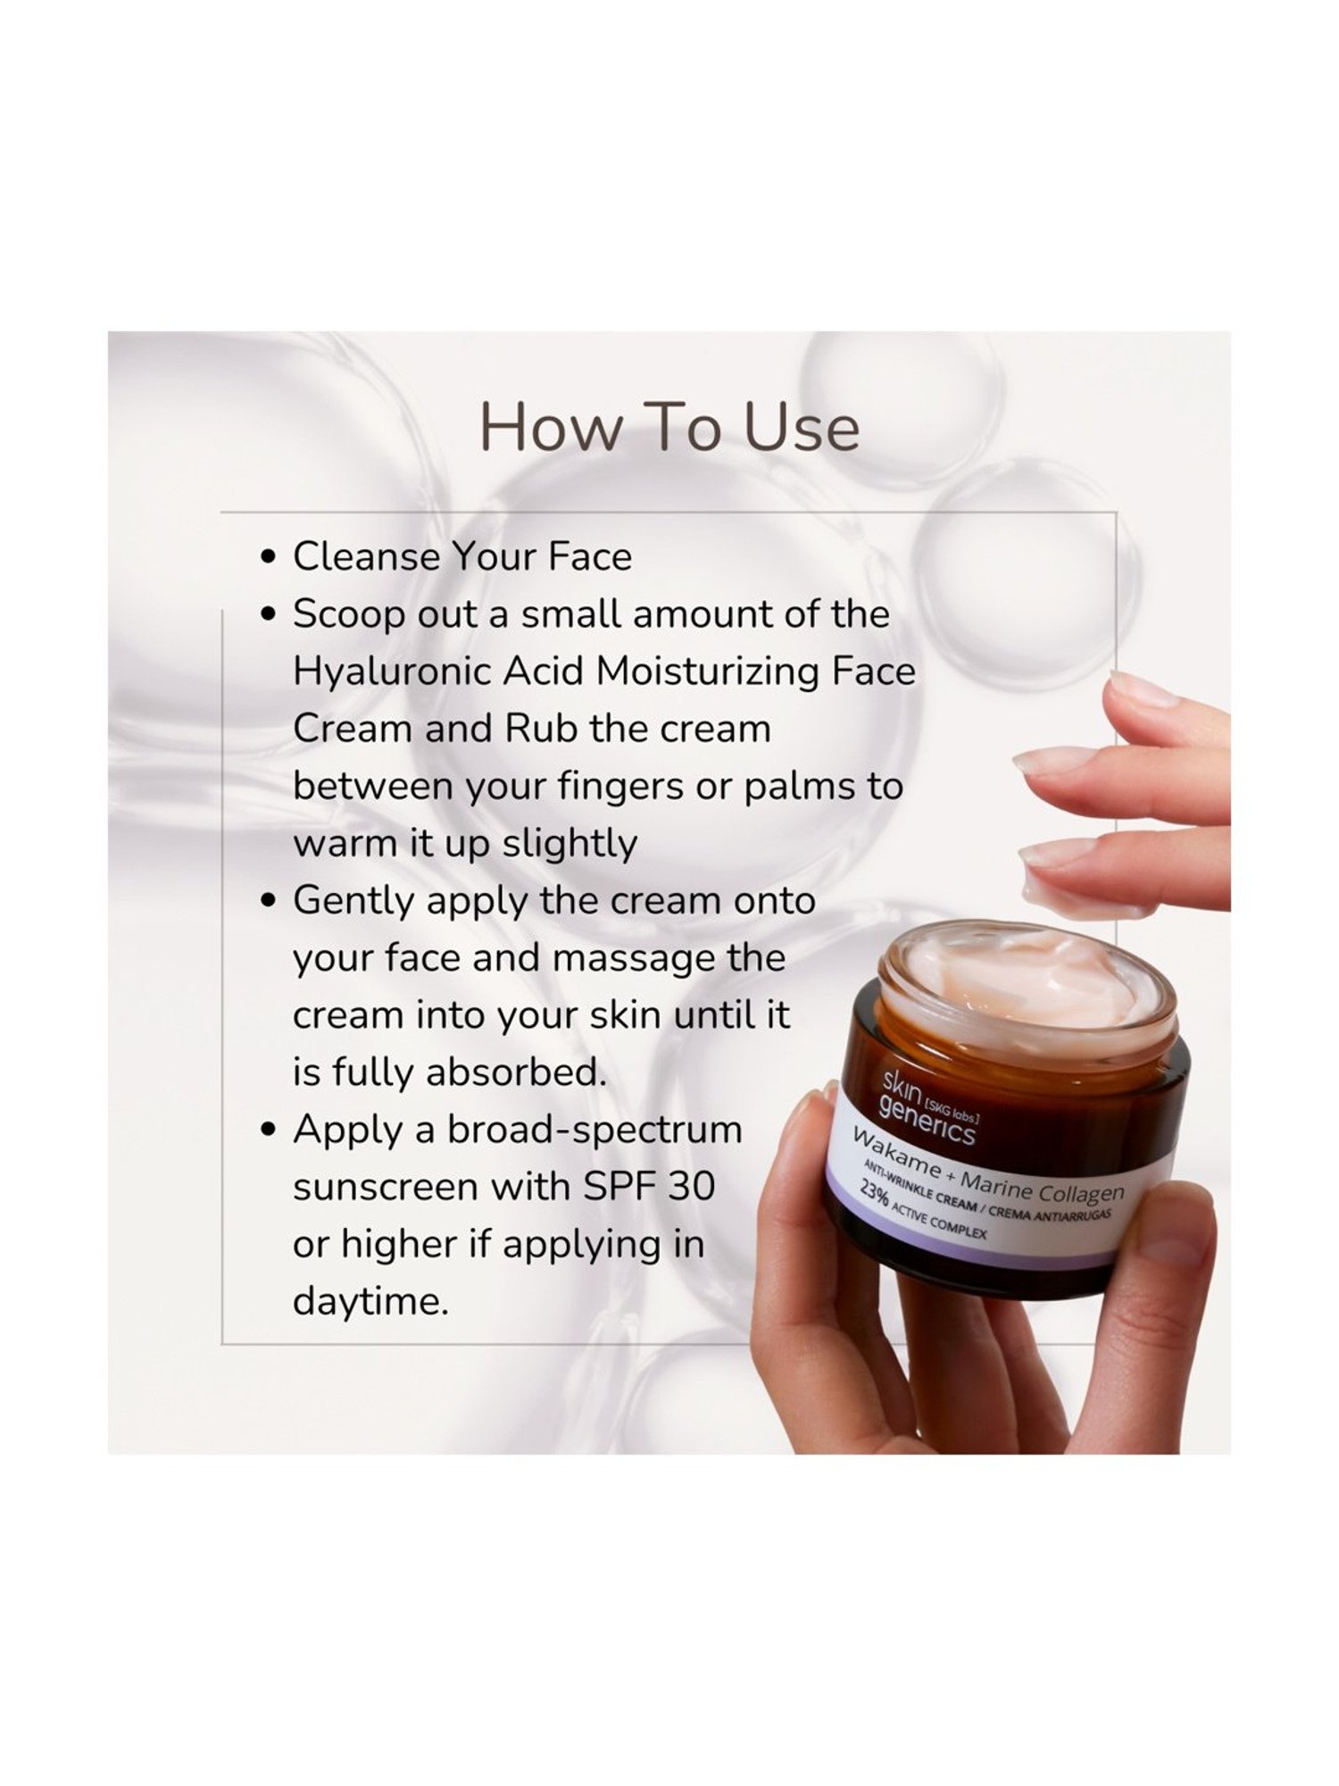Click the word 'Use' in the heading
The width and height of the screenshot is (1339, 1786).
tap(803, 428)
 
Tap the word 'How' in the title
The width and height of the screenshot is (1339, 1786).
tap(550, 428)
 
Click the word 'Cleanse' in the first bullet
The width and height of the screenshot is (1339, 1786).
tap(366, 556)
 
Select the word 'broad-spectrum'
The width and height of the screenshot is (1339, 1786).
tap(595, 1131)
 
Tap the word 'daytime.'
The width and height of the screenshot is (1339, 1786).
tap(370, 1302)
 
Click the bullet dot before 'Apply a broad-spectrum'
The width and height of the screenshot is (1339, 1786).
tap(267, 1131)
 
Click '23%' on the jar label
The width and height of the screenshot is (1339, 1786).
tap(876, 1197)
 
